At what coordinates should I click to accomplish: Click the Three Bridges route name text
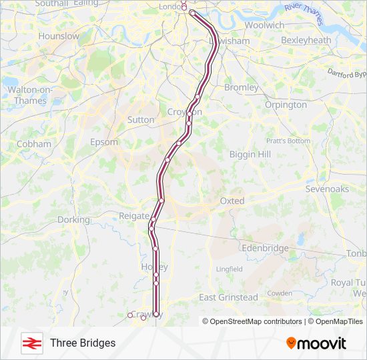tap(83, 343)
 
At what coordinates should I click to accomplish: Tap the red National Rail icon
tap(30, 343)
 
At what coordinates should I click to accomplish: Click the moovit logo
tap(316, 343)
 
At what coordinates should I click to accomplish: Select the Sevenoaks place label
tap(327, 189)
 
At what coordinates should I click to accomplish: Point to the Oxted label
tap(232, 201)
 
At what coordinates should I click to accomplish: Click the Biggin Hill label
tap(250, 154)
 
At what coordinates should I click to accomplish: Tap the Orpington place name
tap(286, 105)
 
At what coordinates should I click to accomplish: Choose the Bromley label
tap(242, 87)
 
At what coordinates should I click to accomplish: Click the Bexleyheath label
tap(306, 41)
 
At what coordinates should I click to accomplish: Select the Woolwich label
tap(264, 25)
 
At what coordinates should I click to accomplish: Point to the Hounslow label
tap(59, 36)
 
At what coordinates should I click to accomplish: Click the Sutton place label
tap(140, 120)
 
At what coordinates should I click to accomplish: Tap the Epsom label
tap(104, 142)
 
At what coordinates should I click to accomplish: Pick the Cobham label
tap(33, 144)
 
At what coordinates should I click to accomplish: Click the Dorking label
tap(73, 219)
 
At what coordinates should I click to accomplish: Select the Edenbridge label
tap(266, 248)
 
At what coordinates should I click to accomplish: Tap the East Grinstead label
tap(228, 297)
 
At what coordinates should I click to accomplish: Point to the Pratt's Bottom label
tap(288, 141)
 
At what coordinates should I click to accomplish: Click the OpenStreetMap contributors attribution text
tap(256, 321)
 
